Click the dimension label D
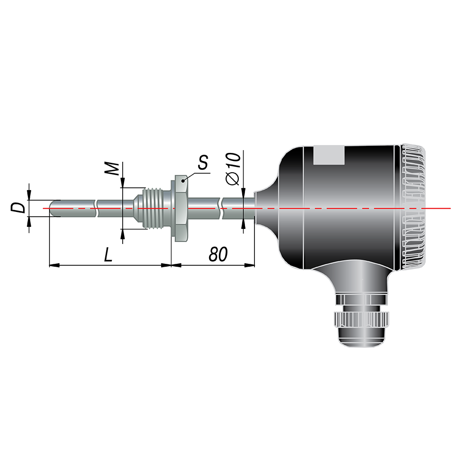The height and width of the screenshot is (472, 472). (x=18, y=208)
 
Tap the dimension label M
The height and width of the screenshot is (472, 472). (x=112, y=169)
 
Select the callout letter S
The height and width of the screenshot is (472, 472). (x=203, y=162)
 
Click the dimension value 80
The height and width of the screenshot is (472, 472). (x=218, y=254)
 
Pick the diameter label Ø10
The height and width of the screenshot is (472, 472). (x=233, y=169)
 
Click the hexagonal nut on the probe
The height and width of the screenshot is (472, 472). (x=180, y=208)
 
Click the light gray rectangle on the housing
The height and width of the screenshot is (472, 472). (x=329, y=155)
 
